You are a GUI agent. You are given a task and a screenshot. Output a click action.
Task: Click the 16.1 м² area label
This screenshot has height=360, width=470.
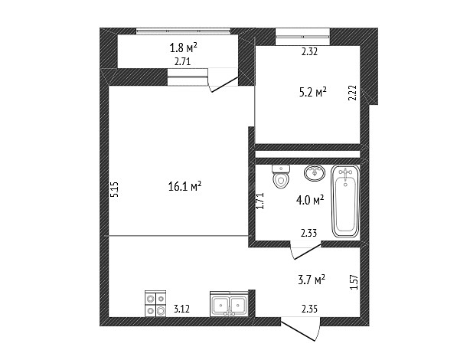click(x=184, y=187)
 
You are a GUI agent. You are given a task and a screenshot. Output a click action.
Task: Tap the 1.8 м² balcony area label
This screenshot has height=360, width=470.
click(x=183, y=47)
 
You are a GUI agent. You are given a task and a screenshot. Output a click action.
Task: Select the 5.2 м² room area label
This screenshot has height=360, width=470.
click(x=312, y=92)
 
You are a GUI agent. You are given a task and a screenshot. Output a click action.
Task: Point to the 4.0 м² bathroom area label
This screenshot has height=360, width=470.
click(x=310, y=200)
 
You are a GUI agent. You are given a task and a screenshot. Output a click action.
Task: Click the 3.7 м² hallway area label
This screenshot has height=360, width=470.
click(x=312, y=280)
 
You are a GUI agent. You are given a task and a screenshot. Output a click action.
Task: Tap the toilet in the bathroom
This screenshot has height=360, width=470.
click(x=281, y=176)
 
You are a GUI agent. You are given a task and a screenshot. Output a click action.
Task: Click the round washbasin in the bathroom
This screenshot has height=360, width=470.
click(x=315, y=173)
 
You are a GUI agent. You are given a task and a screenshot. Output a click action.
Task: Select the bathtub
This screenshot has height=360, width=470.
click(x=345, y=201)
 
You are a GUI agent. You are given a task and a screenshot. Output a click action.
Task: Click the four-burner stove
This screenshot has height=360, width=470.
click(x=155, y=303)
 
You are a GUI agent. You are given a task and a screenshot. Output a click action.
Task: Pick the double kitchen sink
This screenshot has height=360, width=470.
click(x=229, y=303)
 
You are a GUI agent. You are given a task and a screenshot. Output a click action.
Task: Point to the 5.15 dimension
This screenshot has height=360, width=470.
click(x=115, y=189)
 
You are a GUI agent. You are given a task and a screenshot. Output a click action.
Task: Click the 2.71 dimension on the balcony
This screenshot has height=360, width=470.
click(x=182, y=62)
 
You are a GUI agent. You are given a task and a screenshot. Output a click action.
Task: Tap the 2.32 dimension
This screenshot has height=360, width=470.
click(x=309, y=52)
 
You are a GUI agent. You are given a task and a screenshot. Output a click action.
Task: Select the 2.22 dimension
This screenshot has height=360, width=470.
click(x=354, y=93)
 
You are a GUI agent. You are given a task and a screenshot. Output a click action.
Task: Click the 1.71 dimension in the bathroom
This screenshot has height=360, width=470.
click(x=259, y=201)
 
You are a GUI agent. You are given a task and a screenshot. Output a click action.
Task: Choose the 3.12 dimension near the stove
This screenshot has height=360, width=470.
click(x=181, y=309)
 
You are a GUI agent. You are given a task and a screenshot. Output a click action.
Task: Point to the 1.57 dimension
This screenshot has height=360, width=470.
click(x=354, y=282)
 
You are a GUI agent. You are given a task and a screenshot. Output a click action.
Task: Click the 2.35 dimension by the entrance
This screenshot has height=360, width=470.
click(x=309, y=309)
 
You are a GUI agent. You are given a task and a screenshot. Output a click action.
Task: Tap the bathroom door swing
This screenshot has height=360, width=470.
click(x=305, y=251)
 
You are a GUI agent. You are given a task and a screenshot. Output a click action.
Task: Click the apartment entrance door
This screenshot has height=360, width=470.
click(x=300, y=329)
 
